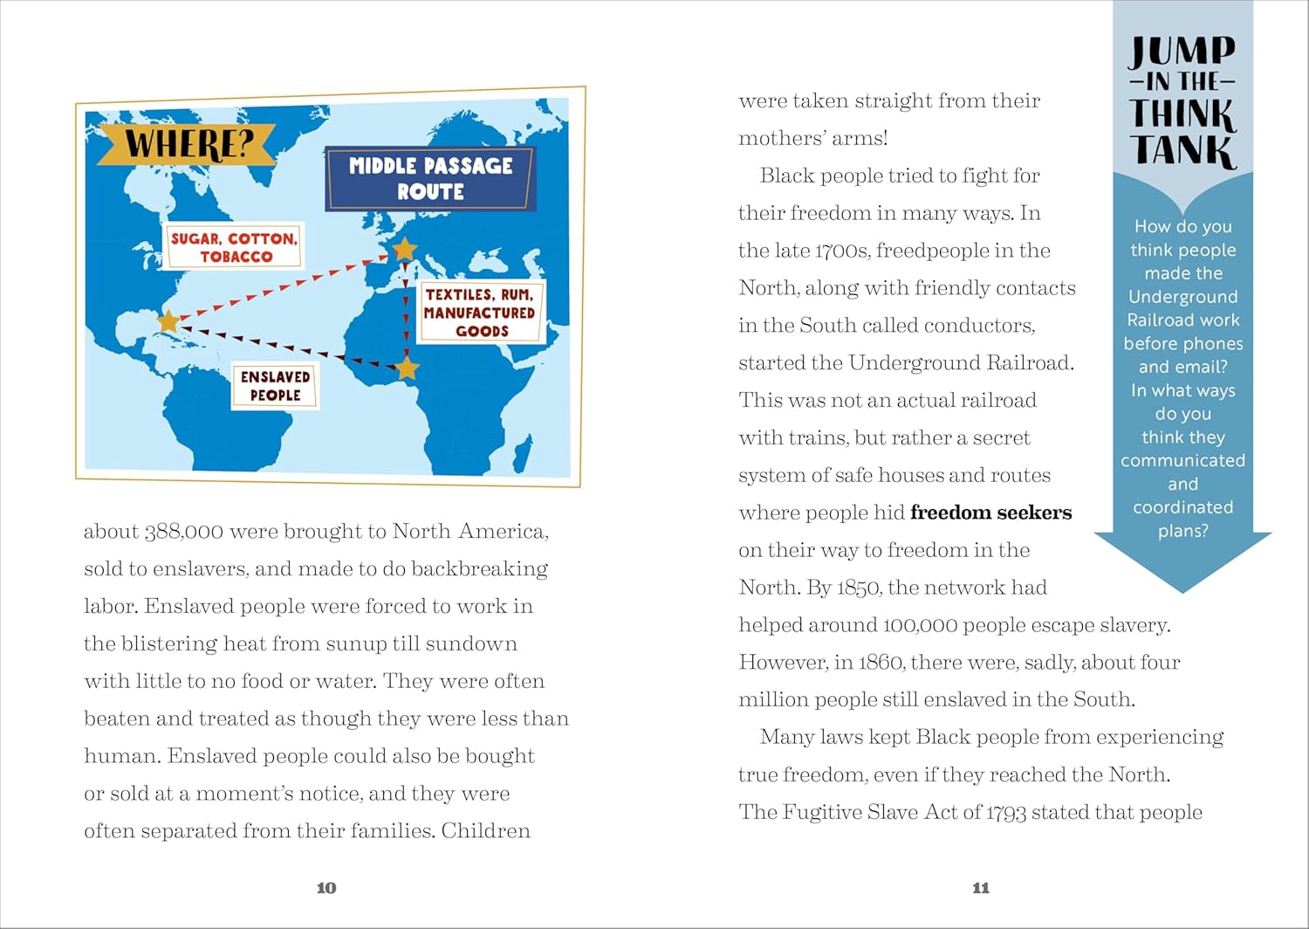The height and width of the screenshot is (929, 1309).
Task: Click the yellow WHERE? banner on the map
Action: (x=187, y=144)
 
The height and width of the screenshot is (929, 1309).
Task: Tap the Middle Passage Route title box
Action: (x=430, y=178)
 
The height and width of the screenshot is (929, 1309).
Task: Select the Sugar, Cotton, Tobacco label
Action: (x=235, y=247)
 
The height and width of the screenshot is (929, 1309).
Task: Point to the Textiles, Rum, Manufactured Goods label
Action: (x=480, y=313)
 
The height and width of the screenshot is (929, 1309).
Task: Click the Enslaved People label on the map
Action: (x=276, y=386)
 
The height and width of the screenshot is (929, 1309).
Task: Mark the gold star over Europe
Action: (x=405, y=251)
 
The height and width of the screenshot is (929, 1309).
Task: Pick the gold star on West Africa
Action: (x=407, y=368)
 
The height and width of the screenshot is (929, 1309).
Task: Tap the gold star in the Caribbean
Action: (x=168, y=321)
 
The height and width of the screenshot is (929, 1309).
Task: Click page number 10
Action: (x=326, y=888)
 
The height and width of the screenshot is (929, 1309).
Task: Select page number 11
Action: (x=981, y=888)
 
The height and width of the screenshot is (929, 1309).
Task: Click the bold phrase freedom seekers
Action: (x=990, y=513)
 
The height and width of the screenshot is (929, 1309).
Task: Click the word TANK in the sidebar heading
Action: (x=1183, y=150)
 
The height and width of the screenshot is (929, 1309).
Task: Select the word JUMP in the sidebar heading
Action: (x=1183, y=52)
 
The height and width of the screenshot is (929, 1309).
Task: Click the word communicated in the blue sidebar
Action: (x=1182, y=460)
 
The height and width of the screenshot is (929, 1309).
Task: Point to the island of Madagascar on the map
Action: (x=523, y=453)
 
